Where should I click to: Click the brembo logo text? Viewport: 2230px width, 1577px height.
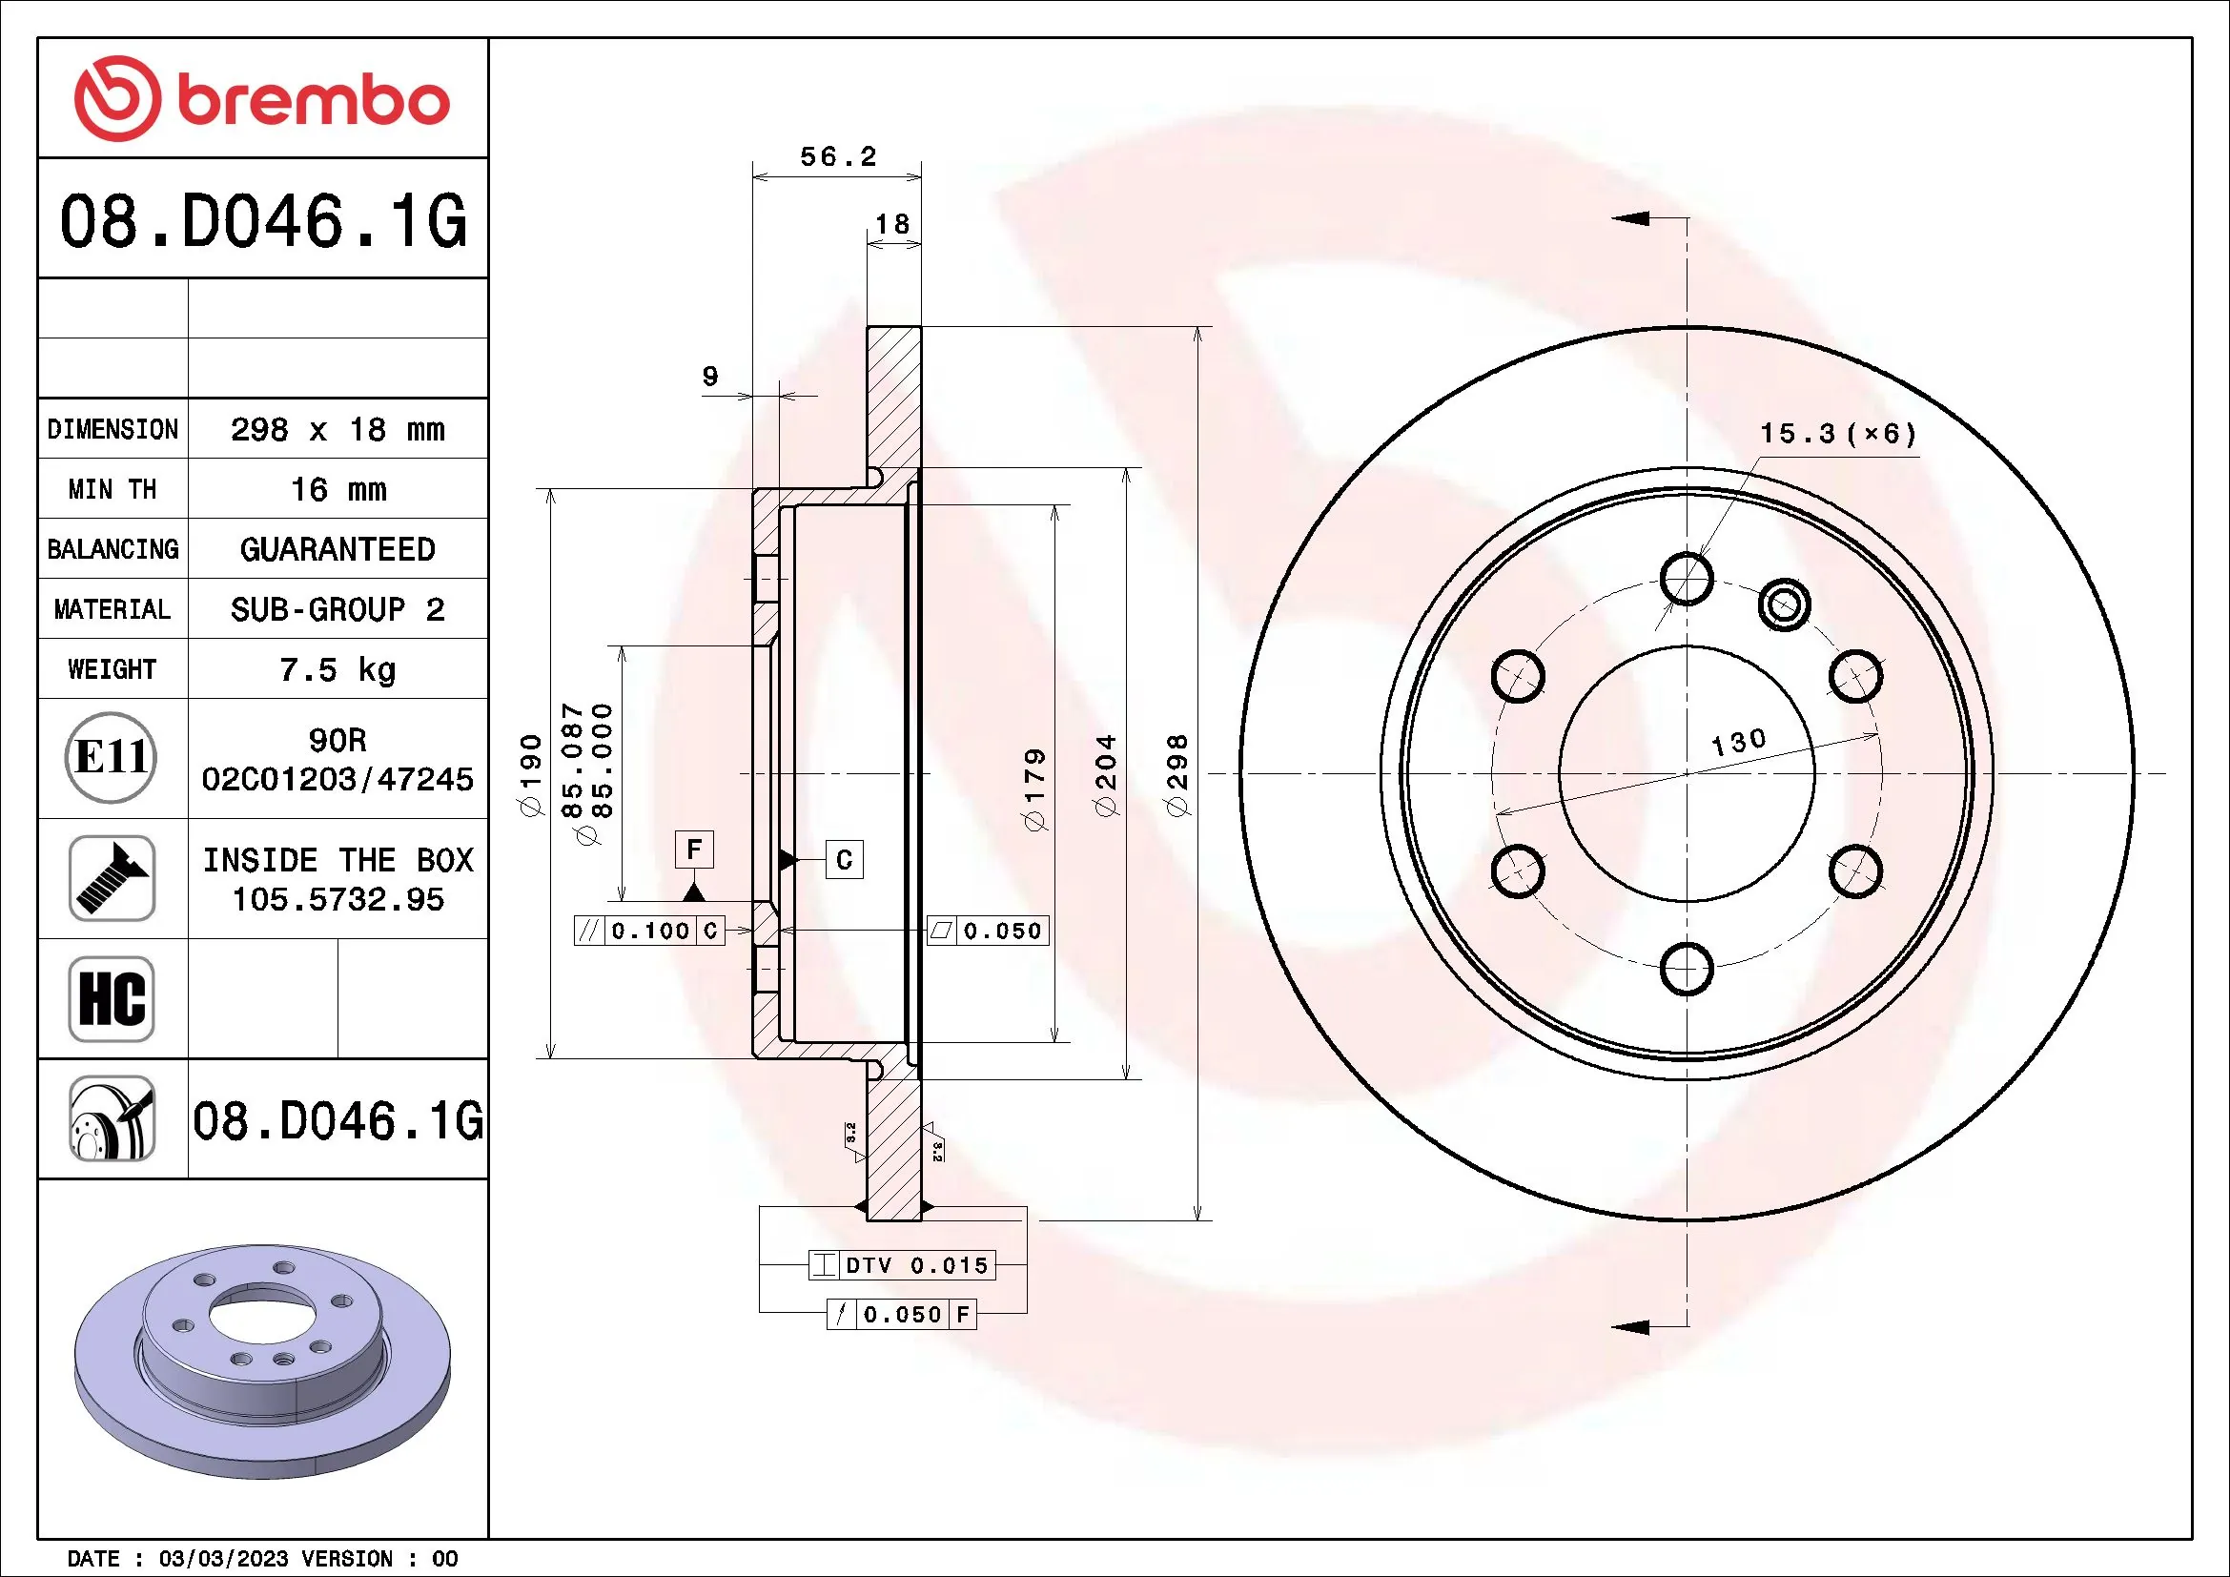tap(313, 100)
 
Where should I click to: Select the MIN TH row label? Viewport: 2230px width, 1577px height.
tap(113, 489)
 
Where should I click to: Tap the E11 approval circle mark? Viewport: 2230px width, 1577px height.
tap(112, 757)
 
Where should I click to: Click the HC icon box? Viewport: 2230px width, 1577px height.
tap(112, 998)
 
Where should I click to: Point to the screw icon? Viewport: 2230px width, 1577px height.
tap(112, 878)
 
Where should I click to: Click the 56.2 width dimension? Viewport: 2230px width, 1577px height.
tap(837, 157)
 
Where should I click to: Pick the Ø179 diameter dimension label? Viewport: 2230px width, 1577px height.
tap(1035, 788)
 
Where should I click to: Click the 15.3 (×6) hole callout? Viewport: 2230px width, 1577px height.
tap(1837, 434)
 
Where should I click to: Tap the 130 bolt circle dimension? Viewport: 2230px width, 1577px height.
tap(1738, 743)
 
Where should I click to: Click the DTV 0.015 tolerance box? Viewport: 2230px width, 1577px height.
tap(900, 1265)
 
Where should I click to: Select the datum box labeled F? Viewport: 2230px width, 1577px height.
tap(693, 850)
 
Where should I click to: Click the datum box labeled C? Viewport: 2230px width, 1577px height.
tap(844, 859)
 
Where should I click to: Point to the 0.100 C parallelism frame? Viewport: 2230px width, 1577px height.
tap(649, 931)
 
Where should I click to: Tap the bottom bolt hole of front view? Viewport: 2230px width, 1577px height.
tap(1687, 968)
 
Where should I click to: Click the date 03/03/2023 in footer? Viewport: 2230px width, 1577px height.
tap(223, 1559)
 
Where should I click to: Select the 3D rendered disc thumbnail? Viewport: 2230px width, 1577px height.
tap(262, 1360)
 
